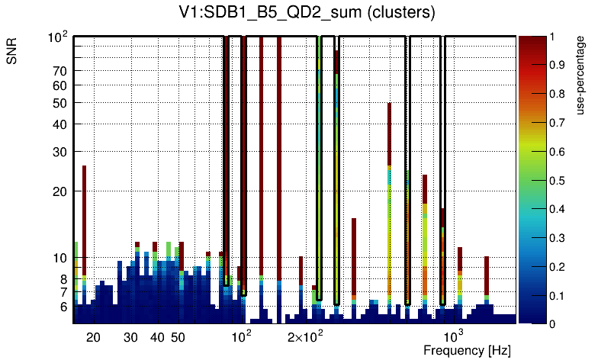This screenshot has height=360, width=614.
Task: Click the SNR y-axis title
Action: pyautogui.click(x=13, y=53)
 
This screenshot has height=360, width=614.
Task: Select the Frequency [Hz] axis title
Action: pyautogui.click(x=467, y=351)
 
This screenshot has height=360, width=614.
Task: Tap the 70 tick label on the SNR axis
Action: pyautogui.click(x=59, y=71)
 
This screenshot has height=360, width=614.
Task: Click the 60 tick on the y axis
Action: pyautogui.click(x=59, y=85)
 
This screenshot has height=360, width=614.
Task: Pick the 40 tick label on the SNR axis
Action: pyautogui.click(x=59, y=124)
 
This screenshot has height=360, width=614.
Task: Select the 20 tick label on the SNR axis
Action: pyautogui.click(x=59, y=191)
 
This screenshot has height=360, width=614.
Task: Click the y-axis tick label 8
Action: pyautogui.click(x=63, y=279)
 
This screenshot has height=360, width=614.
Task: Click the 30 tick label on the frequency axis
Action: pyautogui.click(x=130, y=337)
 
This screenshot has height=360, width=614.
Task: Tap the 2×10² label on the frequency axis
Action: pyautogui.click(x=305, y=336)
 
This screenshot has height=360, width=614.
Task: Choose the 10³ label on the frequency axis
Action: pyautogui.click(x=454, y=336)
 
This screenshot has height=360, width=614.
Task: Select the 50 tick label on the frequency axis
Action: pyautogui.click(x=178, y=337)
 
